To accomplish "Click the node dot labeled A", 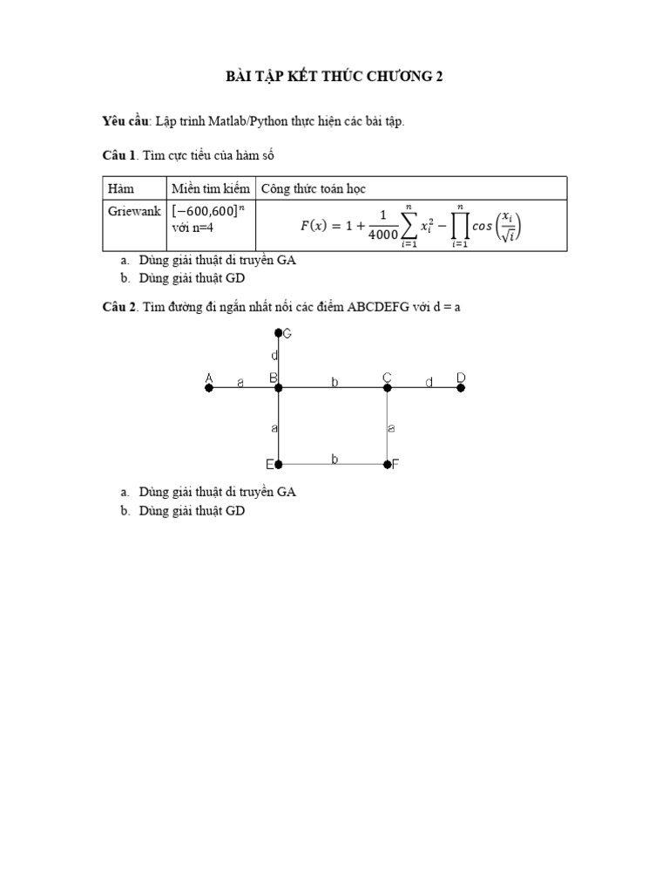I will [x=209, y=388].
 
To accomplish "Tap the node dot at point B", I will [x=279, y=388].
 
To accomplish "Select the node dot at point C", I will [x=388, y=388].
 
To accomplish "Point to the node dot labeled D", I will [x=461, y=388].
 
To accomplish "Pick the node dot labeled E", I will [x=279, y=465].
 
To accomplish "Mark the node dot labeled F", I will [x=388, y=465].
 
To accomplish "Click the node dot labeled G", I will [x=279, y=332].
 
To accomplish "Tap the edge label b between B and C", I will [x=334, y=382].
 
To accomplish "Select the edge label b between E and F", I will [x=334, y=458].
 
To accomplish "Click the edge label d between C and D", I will [x=429, y=382].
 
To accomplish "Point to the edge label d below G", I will [x=274, y=356].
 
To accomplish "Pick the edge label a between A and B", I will [x=240, y=382].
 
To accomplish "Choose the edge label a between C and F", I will [x=392, y=428].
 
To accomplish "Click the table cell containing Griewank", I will [x=134, y=211].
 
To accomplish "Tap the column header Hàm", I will [x=118, y=188].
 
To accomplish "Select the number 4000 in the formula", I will [x=382, y=235].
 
